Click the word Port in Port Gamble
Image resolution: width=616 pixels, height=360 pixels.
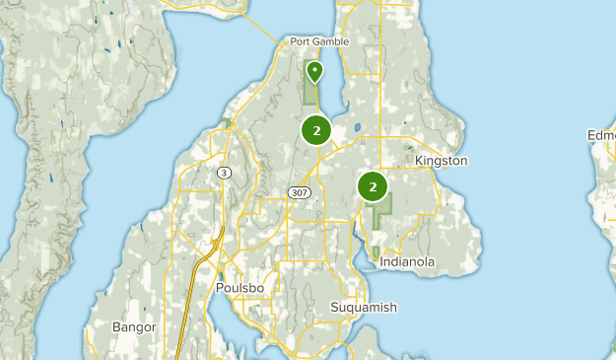pyautogui.click(x=300, y=42)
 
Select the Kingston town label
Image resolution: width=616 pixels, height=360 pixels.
pyautogui.click(x=441, y=160)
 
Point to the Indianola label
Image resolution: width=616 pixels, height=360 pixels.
pyautogui.click(x=406, y=262)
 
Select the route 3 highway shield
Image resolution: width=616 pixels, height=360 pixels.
pyautogui.click(x=226, y=173)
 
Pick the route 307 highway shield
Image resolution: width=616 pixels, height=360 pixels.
pyautogui.click(x=301, y=192)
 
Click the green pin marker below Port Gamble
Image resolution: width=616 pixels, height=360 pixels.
pyautogui.click(x=314, y=72)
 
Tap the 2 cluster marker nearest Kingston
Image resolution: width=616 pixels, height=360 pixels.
pyautogui.click(x=373, y=185)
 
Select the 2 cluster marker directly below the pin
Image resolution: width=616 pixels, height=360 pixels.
pyautogui.click(x=316, y=130)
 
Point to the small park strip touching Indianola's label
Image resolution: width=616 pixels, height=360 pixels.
pyautogui.click(x=378, y=253)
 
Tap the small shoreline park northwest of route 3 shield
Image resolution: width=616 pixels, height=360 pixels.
pyautogui.click(x=226, y=124)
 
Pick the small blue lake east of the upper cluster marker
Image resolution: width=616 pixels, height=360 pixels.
pyautogui.click(x=356, y=127)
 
